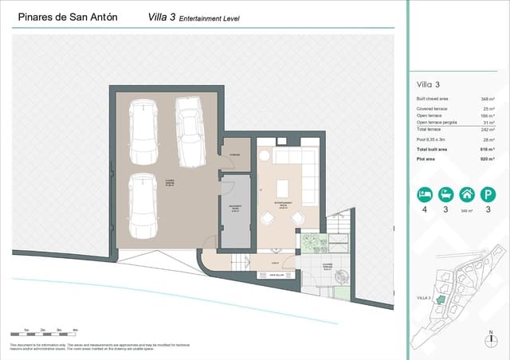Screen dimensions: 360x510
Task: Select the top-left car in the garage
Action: click(144, 131)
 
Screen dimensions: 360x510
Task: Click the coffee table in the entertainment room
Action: click(282, 189)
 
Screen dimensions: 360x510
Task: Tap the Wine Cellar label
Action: click(267, 276)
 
